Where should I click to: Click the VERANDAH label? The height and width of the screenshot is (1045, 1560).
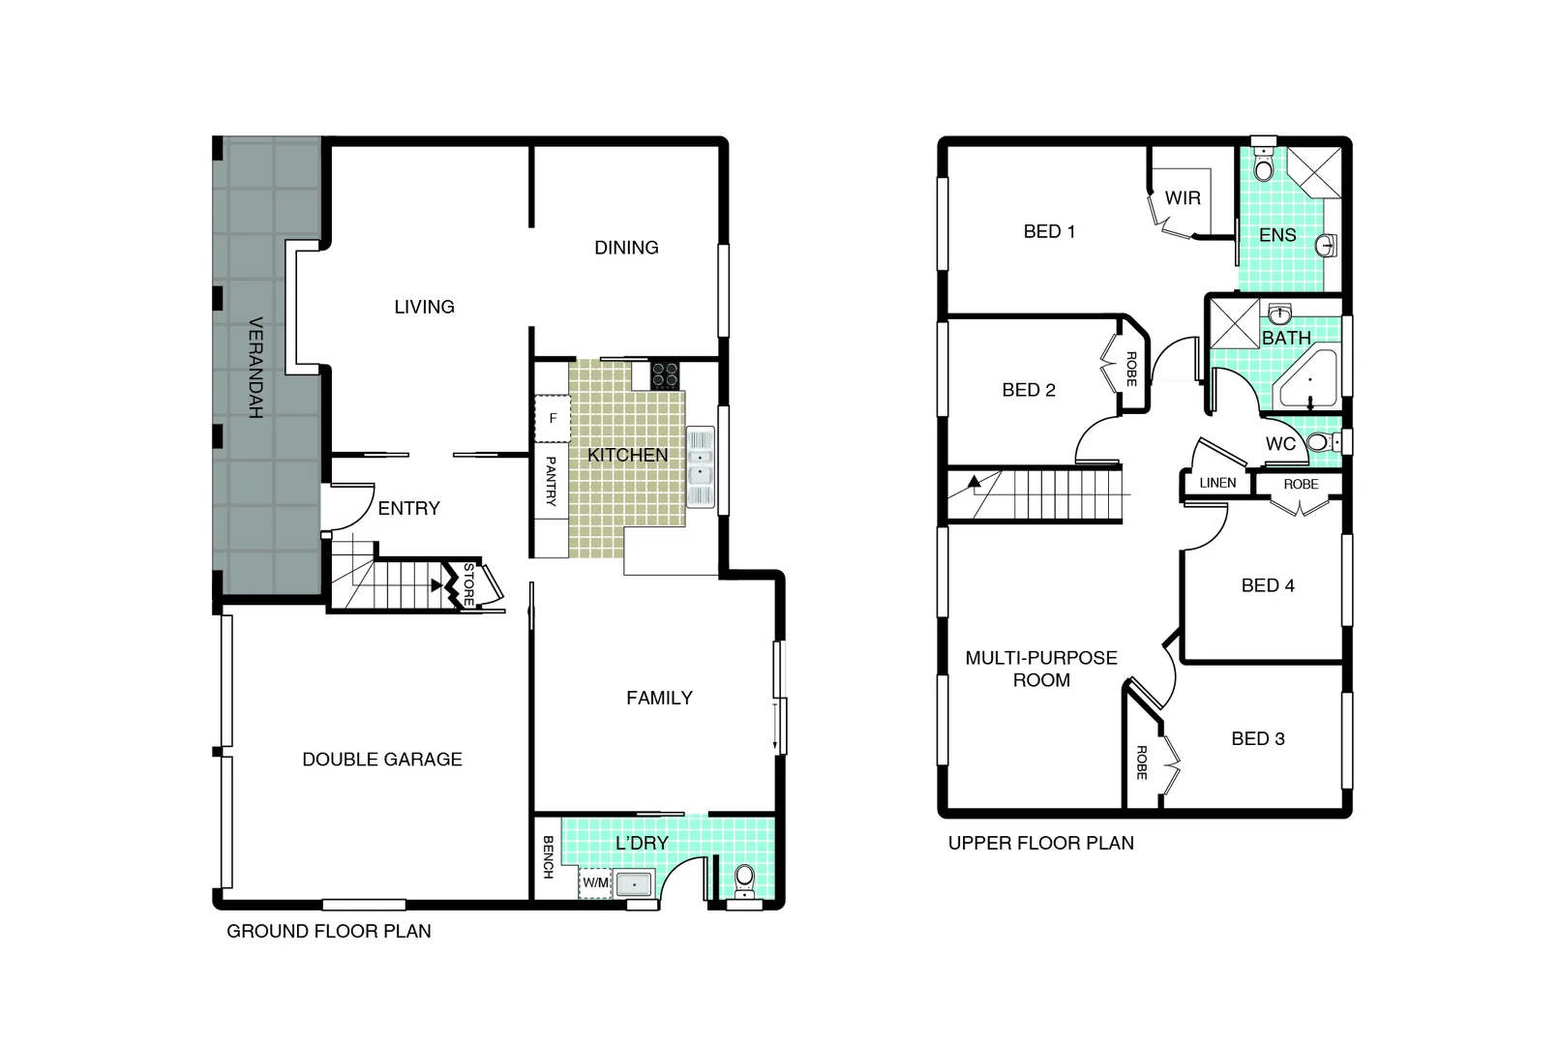point(255,368)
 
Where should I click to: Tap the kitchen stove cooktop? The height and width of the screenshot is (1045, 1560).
point(665,373)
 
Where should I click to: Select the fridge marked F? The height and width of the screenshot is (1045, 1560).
point(553,419)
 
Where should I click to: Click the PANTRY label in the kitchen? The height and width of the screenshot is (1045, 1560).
point(551,481)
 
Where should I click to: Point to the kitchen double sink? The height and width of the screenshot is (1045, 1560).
point(700,466)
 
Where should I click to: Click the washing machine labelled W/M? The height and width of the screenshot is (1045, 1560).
point(595,882)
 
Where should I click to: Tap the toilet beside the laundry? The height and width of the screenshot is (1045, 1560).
point(743,879)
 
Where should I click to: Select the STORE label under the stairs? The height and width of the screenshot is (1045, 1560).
point(469,584)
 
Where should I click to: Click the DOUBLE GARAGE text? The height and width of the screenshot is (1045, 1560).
point(382,760)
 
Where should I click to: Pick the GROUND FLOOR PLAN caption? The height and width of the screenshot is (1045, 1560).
point(329,931)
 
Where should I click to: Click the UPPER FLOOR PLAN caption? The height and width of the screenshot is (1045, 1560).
point(1040,843)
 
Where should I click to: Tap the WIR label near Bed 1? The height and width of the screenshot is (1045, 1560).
point(1183,198)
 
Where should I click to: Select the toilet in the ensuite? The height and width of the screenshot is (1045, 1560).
point(1263,167)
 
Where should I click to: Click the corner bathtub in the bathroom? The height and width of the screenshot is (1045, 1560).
point(1308,378)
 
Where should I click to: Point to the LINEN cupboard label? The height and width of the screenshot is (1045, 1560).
point(1217,483)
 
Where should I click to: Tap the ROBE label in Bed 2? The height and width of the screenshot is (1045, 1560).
point(1130,369)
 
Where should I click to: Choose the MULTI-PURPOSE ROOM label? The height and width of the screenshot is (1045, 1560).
point(1041,669)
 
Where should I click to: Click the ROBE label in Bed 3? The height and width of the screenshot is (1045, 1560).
point(1141,762)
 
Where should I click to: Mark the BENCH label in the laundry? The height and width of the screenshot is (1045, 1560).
point(548,857)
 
